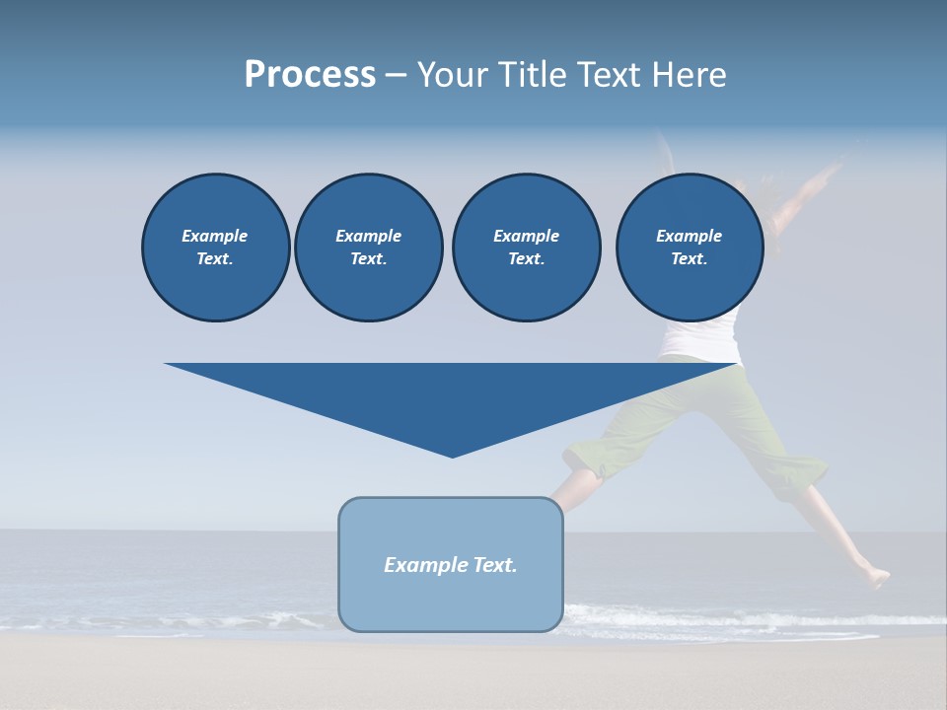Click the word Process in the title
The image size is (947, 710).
pyautogui.click(x=310, y=75)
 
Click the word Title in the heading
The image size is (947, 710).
pyautogui.click(x=532, y=75)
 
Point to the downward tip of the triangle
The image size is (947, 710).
pyautogui.click(x=452, y=455)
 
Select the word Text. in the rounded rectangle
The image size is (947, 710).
pyautogui.click(x=492, y=565)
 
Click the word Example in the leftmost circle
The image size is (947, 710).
pyautogui.click(x=215, y=236)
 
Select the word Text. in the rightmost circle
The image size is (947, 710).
pyautogui.click(x=689, y=259)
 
